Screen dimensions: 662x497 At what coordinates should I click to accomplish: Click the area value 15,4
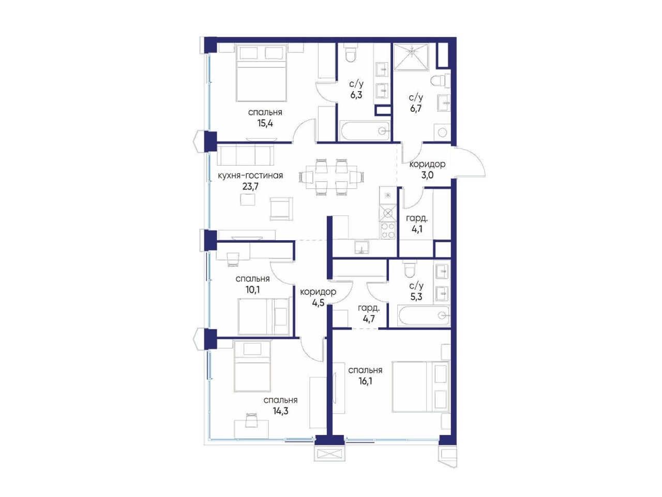(265, 123)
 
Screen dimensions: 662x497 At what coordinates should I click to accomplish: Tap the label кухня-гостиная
(250, 176)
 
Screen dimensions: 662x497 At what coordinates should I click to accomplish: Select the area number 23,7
(250, 186)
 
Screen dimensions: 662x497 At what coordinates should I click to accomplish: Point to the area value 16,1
(365, 381)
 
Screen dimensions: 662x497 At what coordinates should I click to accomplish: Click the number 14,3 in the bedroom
(280, 411)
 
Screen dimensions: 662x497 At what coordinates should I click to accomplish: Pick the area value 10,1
(252, 290)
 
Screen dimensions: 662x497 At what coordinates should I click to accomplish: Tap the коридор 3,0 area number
(427, 174)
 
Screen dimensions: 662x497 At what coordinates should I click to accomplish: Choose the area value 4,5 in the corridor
(318, 303)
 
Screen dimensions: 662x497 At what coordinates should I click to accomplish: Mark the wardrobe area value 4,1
(417, 229)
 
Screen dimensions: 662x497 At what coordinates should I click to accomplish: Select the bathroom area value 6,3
(356, 95)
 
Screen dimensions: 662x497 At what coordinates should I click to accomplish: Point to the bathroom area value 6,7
(415, 108)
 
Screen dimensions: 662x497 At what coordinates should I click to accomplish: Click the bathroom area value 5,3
(416, 297)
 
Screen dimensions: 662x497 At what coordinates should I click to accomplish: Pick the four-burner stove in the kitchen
(387, 231)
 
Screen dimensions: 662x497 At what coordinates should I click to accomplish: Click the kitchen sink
(362, 247)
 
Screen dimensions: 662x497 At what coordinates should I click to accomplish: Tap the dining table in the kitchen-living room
(331, 177)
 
